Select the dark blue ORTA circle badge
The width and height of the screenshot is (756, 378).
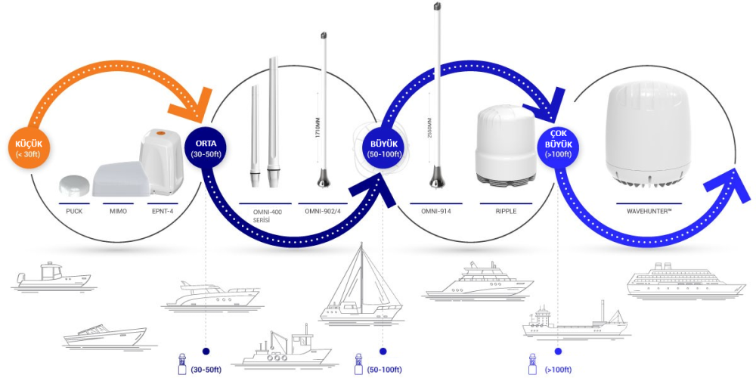point(206,148)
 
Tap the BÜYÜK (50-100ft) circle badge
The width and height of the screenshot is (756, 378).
point(381,147)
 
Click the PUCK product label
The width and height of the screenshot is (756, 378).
point(73,211)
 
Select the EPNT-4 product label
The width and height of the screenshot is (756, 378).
point(162,211)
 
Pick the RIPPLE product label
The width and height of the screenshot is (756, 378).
point(506,211)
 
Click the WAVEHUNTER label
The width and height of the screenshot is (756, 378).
point(649,211)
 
